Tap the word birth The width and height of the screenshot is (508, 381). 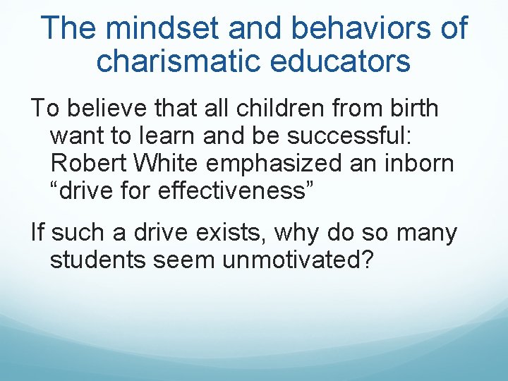(410, 109)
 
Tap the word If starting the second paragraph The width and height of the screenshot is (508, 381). (37, 232)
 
